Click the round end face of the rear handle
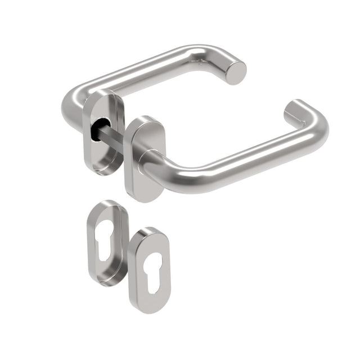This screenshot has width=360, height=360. tap(236, 72)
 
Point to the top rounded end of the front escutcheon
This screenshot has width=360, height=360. tap(148, 234)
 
